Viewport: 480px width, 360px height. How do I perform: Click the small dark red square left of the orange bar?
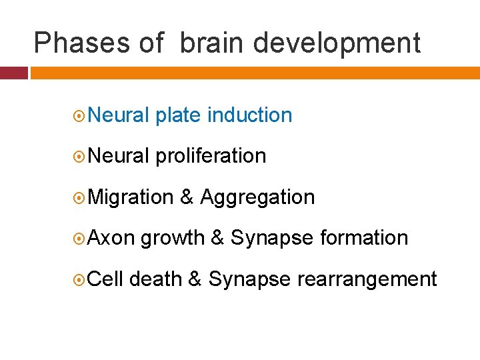tap(13, 73)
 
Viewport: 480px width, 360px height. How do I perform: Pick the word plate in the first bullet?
tap(178, 115)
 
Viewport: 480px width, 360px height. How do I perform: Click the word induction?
tap(250, 115)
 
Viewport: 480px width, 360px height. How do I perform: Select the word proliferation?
tap(211, 157)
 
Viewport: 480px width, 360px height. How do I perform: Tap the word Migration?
tap(131, 198)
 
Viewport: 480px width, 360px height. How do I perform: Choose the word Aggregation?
tap(257, 198)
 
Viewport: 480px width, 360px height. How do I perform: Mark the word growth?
tap(172, 239)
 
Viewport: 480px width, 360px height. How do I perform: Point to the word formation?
tap(364, 238)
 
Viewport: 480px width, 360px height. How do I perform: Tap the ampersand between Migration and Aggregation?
tap(187, 198)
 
